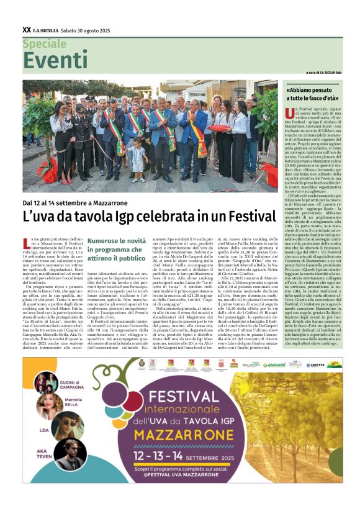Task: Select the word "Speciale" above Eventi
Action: [44, 43]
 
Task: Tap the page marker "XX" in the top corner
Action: [26, 29]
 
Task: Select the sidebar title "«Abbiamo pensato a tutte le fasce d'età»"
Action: [312, 94]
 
